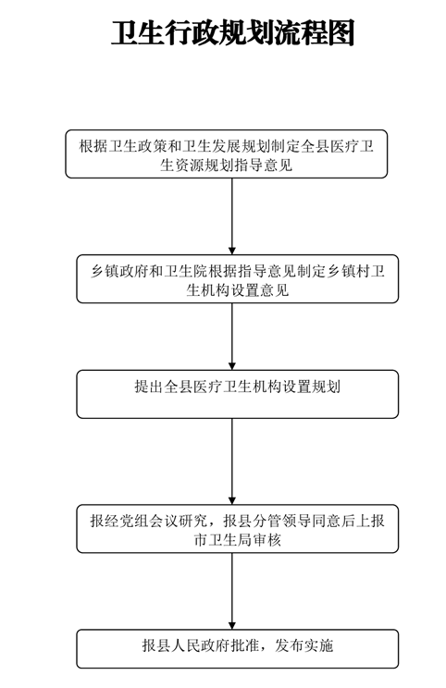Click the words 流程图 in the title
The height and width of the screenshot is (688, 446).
tap(315, 33)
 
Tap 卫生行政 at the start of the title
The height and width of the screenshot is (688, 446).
tap(165, 33)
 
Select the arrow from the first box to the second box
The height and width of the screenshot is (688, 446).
tap(231, 216)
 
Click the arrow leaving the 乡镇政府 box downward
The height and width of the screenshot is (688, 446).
tap(231, 337)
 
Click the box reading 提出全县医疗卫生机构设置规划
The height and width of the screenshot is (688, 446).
tap(238, 394)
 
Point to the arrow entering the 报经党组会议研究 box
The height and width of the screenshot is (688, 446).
tap(231, 461)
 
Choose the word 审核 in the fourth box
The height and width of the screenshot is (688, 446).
tap(266, 540)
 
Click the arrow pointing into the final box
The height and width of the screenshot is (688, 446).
tap(231, 591)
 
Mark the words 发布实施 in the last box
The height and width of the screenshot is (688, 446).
tap(304, 645)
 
